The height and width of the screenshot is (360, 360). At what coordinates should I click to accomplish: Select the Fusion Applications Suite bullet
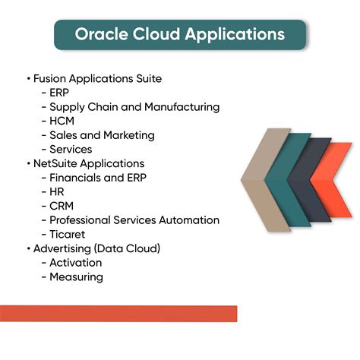(x=96, y=78)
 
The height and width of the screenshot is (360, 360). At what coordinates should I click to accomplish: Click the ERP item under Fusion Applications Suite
(x=59, y=93)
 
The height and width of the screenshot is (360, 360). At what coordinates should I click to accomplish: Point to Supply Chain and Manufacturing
(x=134, y=107)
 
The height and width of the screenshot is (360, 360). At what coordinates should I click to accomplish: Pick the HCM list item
(x=62, y=121)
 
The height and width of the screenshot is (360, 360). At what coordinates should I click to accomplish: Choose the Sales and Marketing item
(x=102, y=135)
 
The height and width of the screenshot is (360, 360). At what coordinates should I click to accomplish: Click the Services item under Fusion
(x=71, y=150)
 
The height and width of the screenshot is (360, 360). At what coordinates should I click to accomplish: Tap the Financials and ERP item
(x=98, y=178)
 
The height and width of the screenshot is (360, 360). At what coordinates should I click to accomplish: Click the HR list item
(x=57, y=192)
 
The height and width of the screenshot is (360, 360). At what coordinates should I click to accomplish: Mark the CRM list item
(x=61, y=206)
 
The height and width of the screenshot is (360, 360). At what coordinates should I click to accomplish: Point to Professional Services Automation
(x=134, y=220)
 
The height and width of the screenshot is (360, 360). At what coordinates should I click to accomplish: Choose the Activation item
(x=75, y=263)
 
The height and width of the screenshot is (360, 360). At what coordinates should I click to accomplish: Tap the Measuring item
(x=76, y=277)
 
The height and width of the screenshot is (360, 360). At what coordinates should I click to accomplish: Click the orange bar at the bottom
(x=118, y=313)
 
